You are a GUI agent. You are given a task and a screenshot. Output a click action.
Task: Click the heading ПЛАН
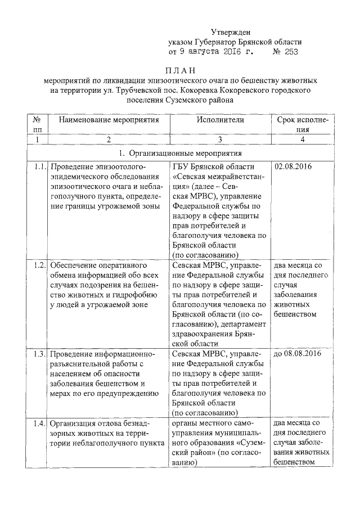pyautogui.click(x=179, y=70)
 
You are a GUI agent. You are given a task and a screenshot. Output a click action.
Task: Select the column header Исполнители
pyautogui.click(x=220, y=120)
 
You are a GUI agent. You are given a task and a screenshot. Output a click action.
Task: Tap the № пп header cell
pyautogui.click(x=37, y=124)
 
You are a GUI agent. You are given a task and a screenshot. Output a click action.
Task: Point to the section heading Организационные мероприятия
pyautogui.click(x=186, y=153)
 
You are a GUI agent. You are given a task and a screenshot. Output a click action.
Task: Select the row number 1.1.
pyautogui.click(x=39, y=167)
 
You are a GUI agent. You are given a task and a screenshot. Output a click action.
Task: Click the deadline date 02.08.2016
pyautogui.click(x=293, y=167)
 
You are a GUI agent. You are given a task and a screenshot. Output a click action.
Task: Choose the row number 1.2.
pyautogui.click(x=39, y=264)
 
